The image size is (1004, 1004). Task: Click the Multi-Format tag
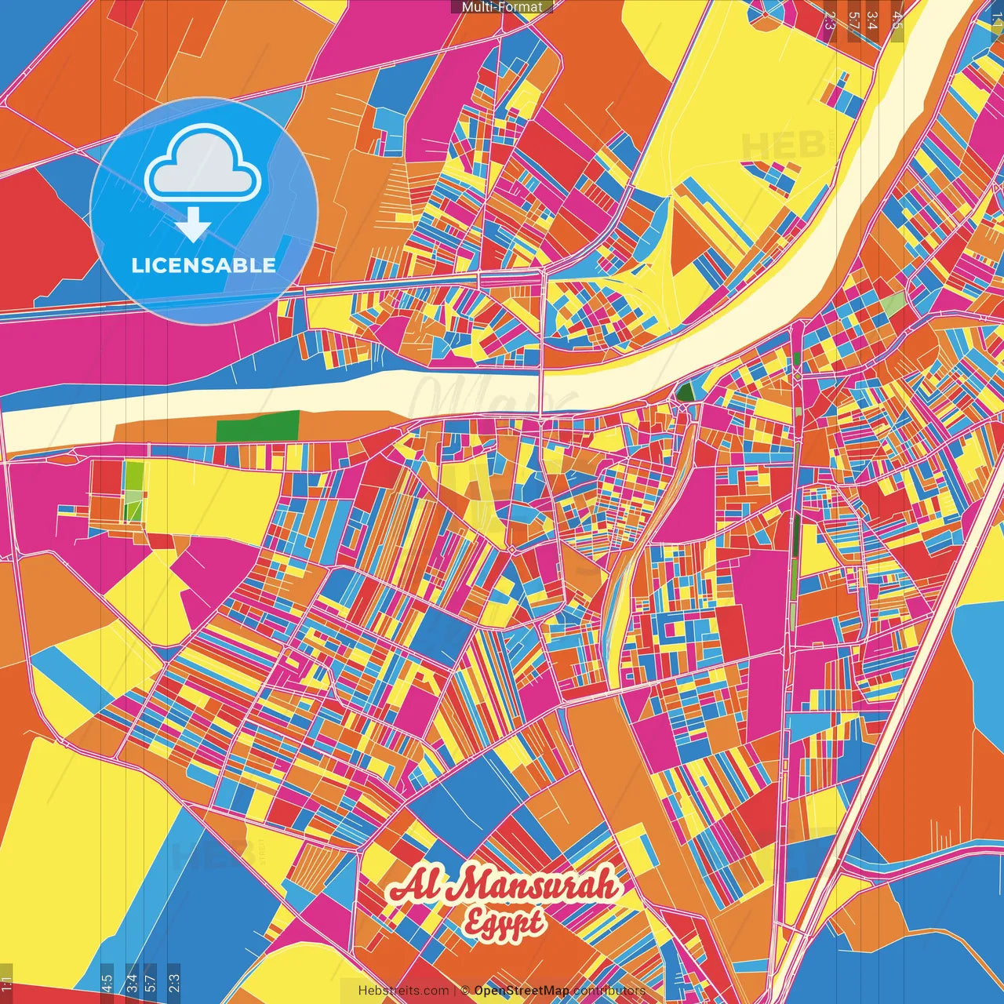501,7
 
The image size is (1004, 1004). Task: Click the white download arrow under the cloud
193,225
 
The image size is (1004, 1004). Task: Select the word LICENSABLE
204,265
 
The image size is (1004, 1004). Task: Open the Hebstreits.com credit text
403,991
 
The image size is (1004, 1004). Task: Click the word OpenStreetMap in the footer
522,991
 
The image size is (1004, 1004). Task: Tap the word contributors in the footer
609,991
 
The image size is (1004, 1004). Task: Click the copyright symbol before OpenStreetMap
465,991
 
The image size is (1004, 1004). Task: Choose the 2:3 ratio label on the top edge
830,19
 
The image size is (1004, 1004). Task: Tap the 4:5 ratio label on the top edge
897,19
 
